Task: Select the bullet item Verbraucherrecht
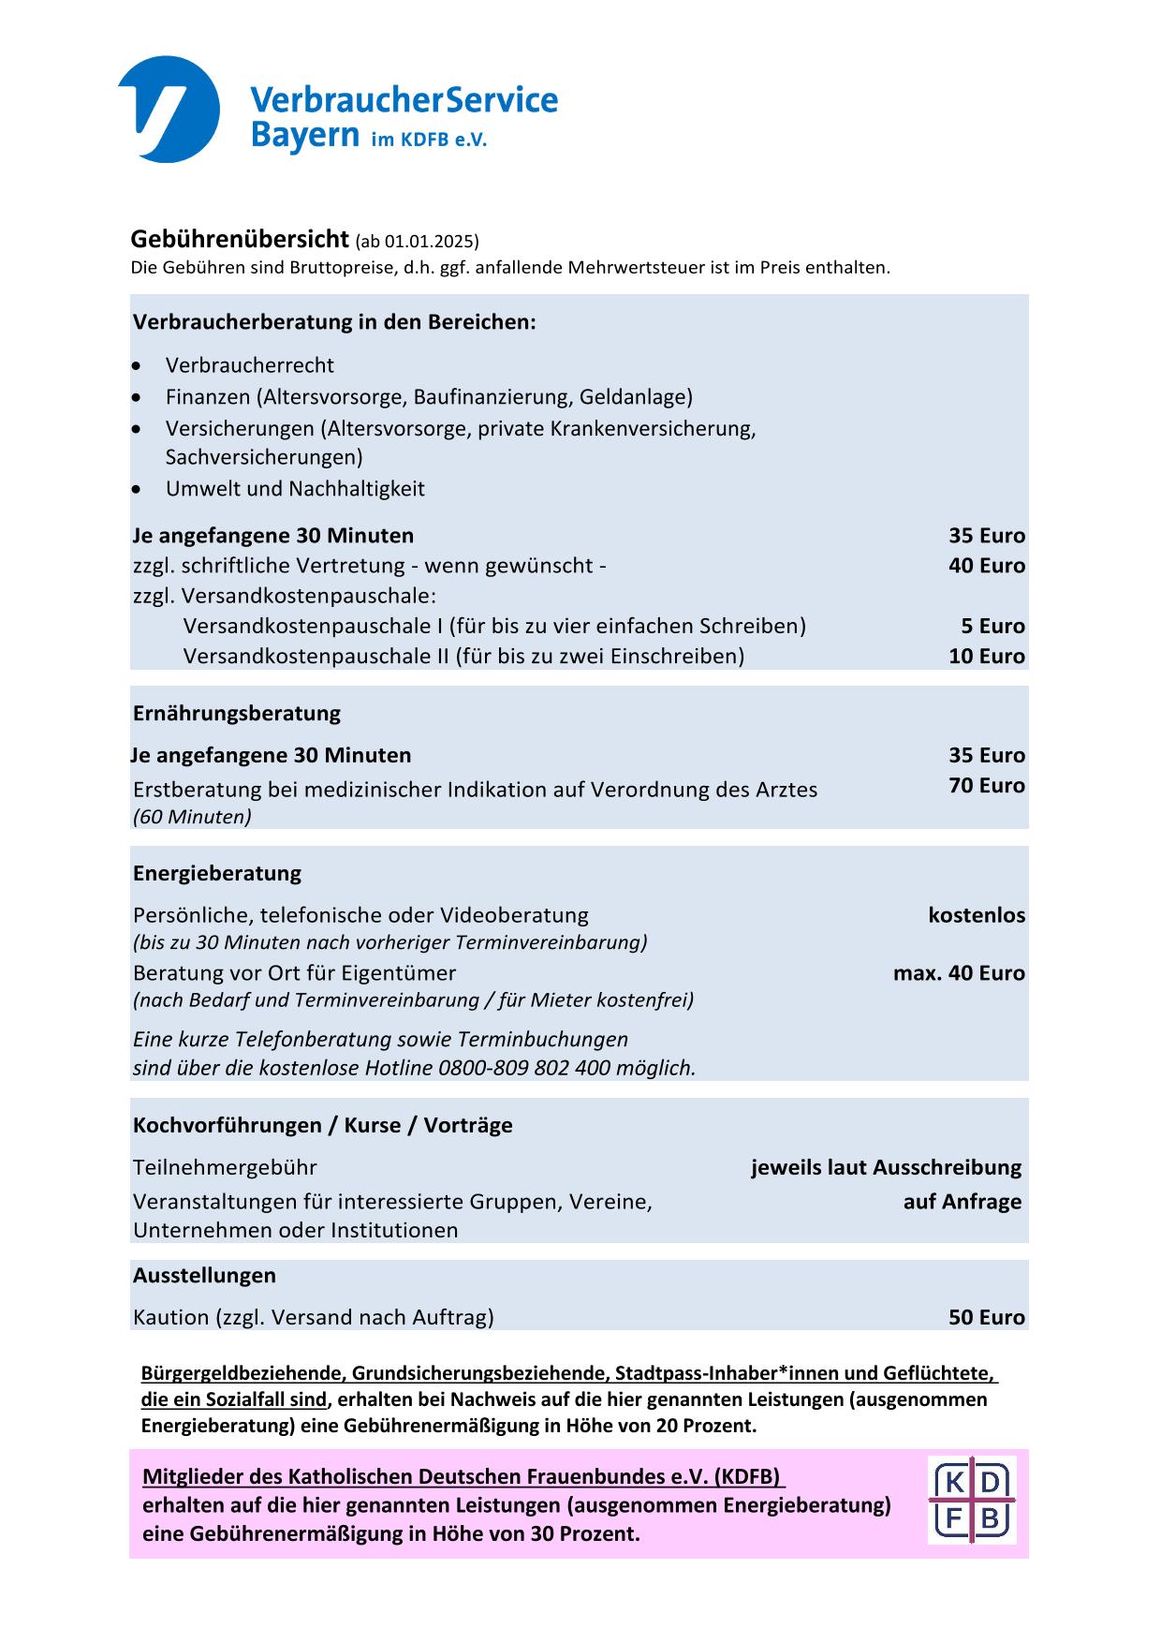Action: [x=249, y=365]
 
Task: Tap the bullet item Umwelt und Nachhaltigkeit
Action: [x=295, y=489]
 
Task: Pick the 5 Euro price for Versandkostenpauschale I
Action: [x=992, y=626]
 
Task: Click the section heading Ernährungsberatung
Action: [x=237, y=714]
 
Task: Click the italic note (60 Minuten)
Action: [x=192, y=817]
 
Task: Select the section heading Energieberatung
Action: [x=217, y=874]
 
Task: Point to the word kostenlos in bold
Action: [x=977, y=915]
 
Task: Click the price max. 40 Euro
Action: [x=959, y=973]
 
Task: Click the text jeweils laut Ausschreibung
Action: [x=886, y=1168]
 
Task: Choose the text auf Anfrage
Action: [x=962, y=1202]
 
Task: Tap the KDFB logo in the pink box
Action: [x=972, y=1500]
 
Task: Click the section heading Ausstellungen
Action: [x=204, y=1276]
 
